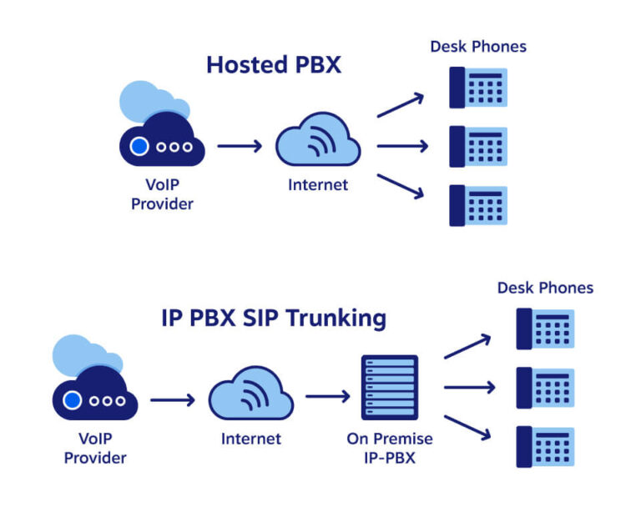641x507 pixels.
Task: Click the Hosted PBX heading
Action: pos(274,65)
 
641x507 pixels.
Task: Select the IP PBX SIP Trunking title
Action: pos(274,318)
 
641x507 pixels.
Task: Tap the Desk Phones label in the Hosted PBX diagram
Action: pos(478,47)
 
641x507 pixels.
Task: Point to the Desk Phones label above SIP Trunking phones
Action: pos(545,288)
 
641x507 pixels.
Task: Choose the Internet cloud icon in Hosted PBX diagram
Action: pos(318,143)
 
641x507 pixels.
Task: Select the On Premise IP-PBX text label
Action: pos(390,448)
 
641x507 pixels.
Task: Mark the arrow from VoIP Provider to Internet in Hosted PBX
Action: pos(240,146)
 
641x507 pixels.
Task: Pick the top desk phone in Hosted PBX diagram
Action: pos(478,88)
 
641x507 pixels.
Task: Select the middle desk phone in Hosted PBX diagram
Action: pos(478,146)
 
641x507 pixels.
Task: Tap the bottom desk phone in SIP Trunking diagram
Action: pos(545,446)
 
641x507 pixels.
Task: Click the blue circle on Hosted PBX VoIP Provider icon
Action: pos(139,147)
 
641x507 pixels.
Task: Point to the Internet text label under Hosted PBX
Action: pos(318,185)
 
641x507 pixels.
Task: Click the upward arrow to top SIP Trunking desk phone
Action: pos(467,347)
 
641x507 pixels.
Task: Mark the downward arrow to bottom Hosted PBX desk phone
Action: pos(401,187)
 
